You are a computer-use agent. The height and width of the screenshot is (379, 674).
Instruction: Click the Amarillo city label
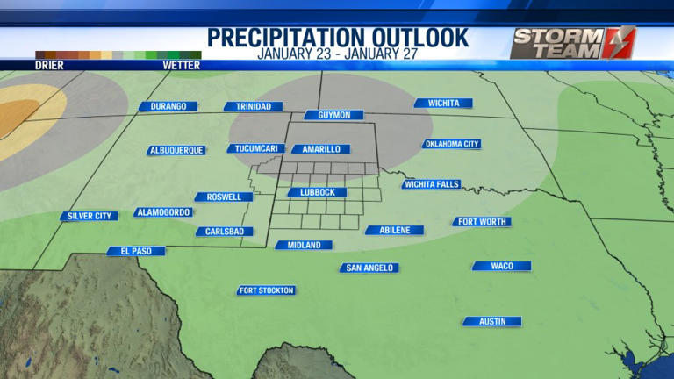(321, 149)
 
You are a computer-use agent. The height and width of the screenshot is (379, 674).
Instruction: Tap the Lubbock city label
(317, 192)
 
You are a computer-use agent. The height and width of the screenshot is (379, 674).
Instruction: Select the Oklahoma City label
(452, 144)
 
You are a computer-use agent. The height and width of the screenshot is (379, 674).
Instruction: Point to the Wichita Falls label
(432, 184)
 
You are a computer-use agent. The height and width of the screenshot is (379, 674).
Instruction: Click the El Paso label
(136, 251)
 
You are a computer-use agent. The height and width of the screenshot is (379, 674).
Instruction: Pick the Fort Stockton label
(267, 290)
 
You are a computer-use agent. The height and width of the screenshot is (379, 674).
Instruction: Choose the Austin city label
(492, 321)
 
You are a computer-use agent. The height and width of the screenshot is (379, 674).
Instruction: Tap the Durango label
(168, 106)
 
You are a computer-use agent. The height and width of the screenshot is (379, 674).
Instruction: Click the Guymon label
(333, 115)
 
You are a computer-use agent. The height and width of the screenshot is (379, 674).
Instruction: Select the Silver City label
(90, 216)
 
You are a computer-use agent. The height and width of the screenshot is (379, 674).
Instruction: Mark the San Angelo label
(370, 268)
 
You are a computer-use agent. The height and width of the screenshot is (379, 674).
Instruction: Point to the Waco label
(501, 266)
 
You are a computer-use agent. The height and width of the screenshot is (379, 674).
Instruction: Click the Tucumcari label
(256, 148)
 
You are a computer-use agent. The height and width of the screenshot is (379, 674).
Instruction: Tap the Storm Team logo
(573, 42)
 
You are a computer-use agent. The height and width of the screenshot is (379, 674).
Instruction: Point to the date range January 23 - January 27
(337, 54)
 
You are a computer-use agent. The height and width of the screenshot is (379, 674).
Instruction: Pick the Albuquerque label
(176, 150)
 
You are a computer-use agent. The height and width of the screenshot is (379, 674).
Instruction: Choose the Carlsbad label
(224, 232)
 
